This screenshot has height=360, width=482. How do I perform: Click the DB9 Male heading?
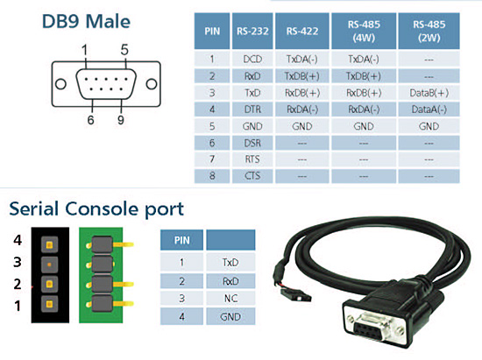click(x=86, y=22)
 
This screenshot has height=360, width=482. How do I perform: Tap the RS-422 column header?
click(x=302, y=31)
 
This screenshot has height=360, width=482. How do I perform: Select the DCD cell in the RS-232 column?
click(x=252, y=59)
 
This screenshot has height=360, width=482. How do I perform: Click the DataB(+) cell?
click(x=429, y=93)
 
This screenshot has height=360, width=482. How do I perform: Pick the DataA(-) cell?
click(x=429, y=109)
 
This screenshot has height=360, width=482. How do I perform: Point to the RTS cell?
click(x=252, y=159)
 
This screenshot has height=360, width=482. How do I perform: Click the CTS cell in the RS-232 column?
click(x=252, y=176)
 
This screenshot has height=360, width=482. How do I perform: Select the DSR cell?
click(x=252, y=143)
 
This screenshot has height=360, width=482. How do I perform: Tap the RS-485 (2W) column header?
click(x=429, y=31)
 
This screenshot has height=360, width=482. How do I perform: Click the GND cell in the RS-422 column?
click(x=302, y=126)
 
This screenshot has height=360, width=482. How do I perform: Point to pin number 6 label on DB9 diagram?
click(x=90, y=120)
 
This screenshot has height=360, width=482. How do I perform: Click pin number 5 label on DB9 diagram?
click(x=124, y=50)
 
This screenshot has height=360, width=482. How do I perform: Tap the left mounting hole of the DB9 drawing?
click(x=60, y=84)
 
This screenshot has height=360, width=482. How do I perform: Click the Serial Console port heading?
click(x=96, y=209)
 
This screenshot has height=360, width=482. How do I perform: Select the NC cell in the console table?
click(x=230, y=299)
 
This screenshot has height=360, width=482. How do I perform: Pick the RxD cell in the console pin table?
click(x=230, y=281)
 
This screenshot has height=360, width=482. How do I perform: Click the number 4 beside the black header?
click(x=18, y=240)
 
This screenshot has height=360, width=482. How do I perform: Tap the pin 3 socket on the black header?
click(x=49, y=265)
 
